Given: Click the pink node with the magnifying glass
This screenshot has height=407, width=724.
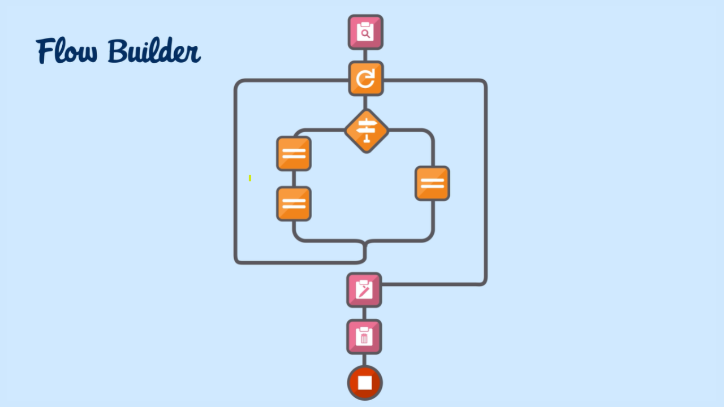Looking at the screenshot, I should [365, 32].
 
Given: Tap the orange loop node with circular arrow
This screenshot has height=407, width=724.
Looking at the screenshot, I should [366, 79].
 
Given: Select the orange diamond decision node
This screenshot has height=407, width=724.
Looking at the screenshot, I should [367, 131].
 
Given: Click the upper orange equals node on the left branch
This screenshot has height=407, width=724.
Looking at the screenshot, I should [294, 154].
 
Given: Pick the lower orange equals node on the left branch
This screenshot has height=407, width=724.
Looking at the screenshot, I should [294, 203].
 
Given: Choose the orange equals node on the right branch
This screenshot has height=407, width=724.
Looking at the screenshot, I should [432, 183].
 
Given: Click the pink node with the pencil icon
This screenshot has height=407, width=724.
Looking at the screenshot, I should [364, 290].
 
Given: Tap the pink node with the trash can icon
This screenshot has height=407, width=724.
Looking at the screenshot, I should [364, 337].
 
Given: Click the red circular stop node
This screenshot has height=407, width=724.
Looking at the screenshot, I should [365, 383].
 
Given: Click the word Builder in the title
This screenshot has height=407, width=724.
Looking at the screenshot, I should [154, 51].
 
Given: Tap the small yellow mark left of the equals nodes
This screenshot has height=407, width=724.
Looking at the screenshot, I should [250, 178].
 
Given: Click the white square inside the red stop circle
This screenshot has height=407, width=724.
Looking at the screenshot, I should [365, 383].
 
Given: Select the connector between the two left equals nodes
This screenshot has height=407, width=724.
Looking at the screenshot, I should [294, 179].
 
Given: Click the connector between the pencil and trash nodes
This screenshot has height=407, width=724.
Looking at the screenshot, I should [364, 313].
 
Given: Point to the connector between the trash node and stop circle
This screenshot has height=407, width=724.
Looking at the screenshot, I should [364, 360].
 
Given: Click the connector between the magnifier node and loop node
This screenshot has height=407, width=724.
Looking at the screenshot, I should [365, 55].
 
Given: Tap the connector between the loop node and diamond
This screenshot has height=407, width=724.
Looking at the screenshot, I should [366, 102].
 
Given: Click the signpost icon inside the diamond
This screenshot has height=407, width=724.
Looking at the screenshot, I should [367, 131].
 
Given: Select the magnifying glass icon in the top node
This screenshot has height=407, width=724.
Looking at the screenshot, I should [365, 34].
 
